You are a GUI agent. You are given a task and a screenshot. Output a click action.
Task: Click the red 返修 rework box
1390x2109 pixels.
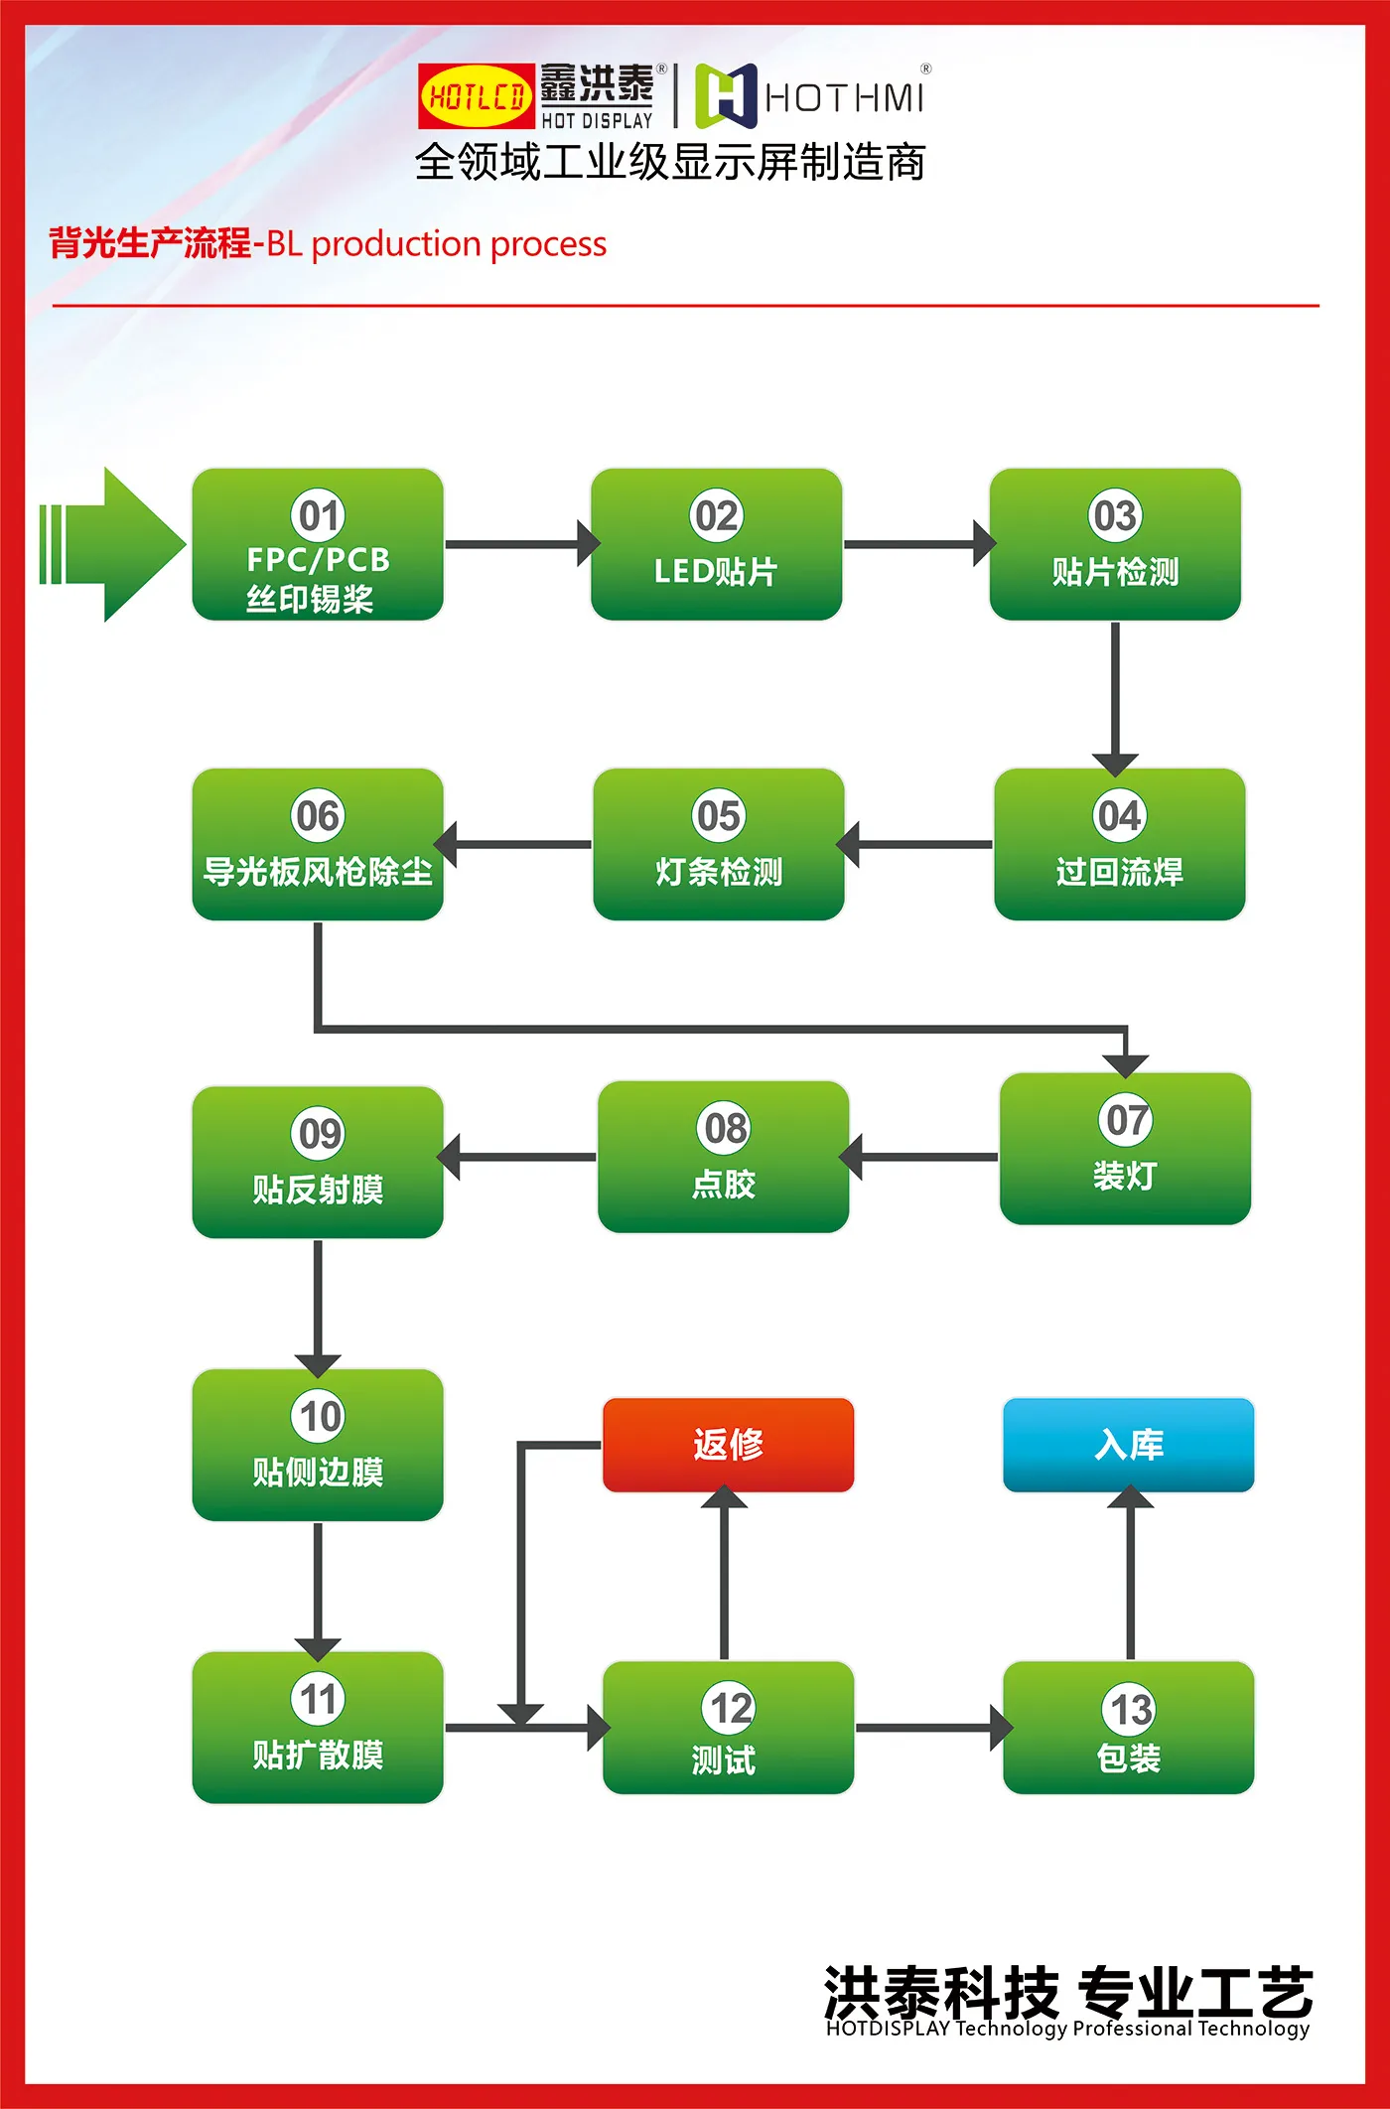pyautogui.click(x=728, y=1444)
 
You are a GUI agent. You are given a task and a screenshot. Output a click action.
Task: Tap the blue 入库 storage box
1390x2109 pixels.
pyautogui.click(x=1128, y=1444)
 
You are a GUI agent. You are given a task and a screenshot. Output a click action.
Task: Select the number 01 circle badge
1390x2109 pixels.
pyautogui.click(x=318, y=515)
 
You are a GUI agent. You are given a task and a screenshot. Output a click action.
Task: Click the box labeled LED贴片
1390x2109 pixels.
pyautogui.click(x=716, y=545)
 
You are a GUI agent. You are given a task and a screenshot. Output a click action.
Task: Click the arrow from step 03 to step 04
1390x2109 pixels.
pyautogui.click(x=1115, y=695)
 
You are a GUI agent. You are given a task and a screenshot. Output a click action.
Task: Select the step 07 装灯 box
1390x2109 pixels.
pyautogui.click(x=1124, y=1149)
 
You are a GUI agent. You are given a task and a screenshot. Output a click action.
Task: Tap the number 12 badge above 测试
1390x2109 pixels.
pyautogui.click(x=731, y=1708)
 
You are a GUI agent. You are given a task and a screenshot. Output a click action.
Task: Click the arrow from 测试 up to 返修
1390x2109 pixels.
pyautogui.click(x=724, y=1574)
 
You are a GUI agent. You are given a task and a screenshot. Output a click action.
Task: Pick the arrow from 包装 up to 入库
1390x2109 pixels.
pyautogui.click(x=1130, y=1574)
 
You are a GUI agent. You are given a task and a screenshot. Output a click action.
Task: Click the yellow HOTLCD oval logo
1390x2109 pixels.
pyautogui.click(x=477, y=96)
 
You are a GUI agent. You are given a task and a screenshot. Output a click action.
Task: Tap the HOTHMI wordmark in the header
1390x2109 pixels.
pyautogui.click(x=844, y=97)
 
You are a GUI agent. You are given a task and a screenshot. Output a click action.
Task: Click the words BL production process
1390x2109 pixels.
pyautogui.click(x=437, y=244)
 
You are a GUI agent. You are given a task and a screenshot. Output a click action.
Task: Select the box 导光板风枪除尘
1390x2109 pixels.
pyautogui.click(x=318, y=845)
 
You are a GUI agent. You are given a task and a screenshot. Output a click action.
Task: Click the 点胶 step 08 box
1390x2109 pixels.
pyautogui.click(x=723, y=1157)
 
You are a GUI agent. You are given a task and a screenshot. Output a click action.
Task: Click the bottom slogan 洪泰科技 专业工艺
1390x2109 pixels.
pyautogui.click(x=1067, y=1992)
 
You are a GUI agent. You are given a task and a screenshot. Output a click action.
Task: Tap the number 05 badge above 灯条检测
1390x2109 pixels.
pyautogui.click(x=718, y=815)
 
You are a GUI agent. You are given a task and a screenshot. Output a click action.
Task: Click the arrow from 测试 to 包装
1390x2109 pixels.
pyautogui.click(x=928, y=1729)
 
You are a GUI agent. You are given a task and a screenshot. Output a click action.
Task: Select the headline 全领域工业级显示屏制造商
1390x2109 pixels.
pyautogui.click(x=670, y=162)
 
